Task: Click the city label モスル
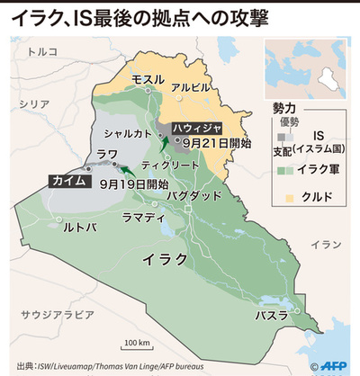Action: pos(148,79)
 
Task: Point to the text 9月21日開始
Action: pos(210,142)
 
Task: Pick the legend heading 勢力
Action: pos(284,106)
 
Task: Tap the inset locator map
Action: pos(308,70)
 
